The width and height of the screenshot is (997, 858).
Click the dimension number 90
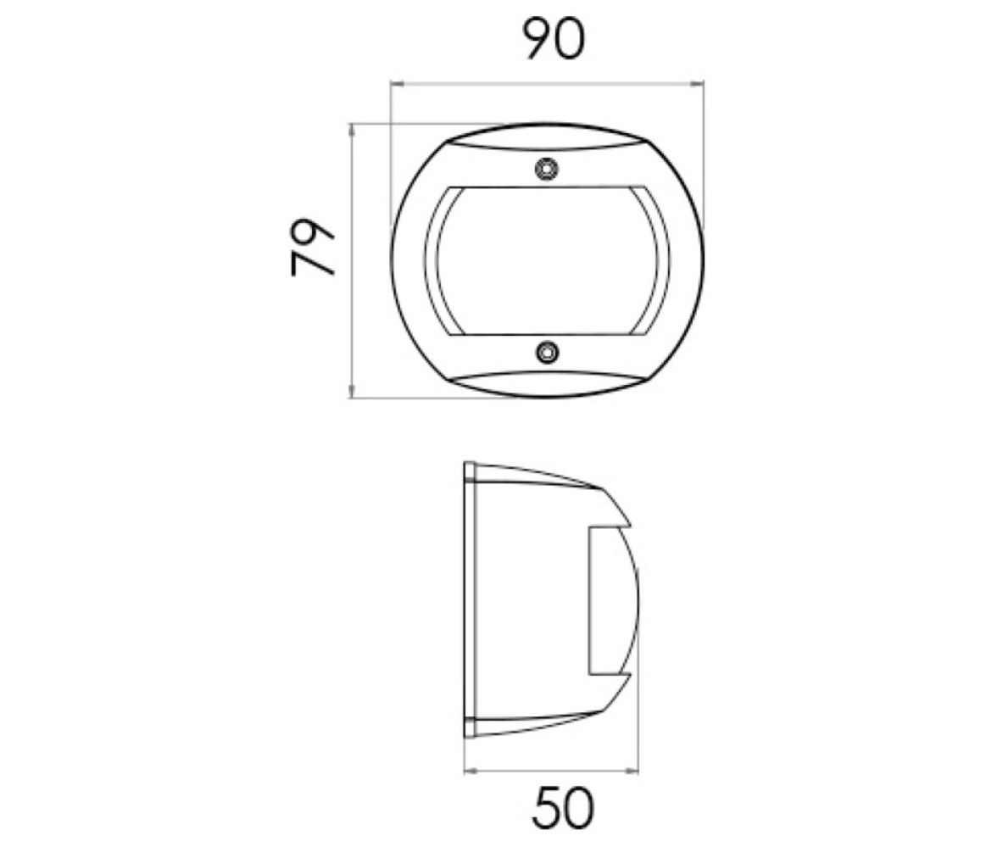click(x=553, y=40)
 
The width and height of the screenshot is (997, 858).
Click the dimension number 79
click(x=312, y=248)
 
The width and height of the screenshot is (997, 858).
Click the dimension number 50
click(x=563, y=808)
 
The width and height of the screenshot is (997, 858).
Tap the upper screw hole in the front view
click(x=546, y=169)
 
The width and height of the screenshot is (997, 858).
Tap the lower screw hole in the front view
click(x=547, y=352)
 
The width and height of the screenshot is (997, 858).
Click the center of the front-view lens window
click(x=547, y=261)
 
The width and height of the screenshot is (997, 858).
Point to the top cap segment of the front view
click(x=547, y=136)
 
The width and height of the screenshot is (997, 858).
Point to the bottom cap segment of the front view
click(x=547, y=385)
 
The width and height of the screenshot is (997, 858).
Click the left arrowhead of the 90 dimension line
click(x=395, y=83)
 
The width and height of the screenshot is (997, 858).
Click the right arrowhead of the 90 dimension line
click(x=699, y=83)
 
